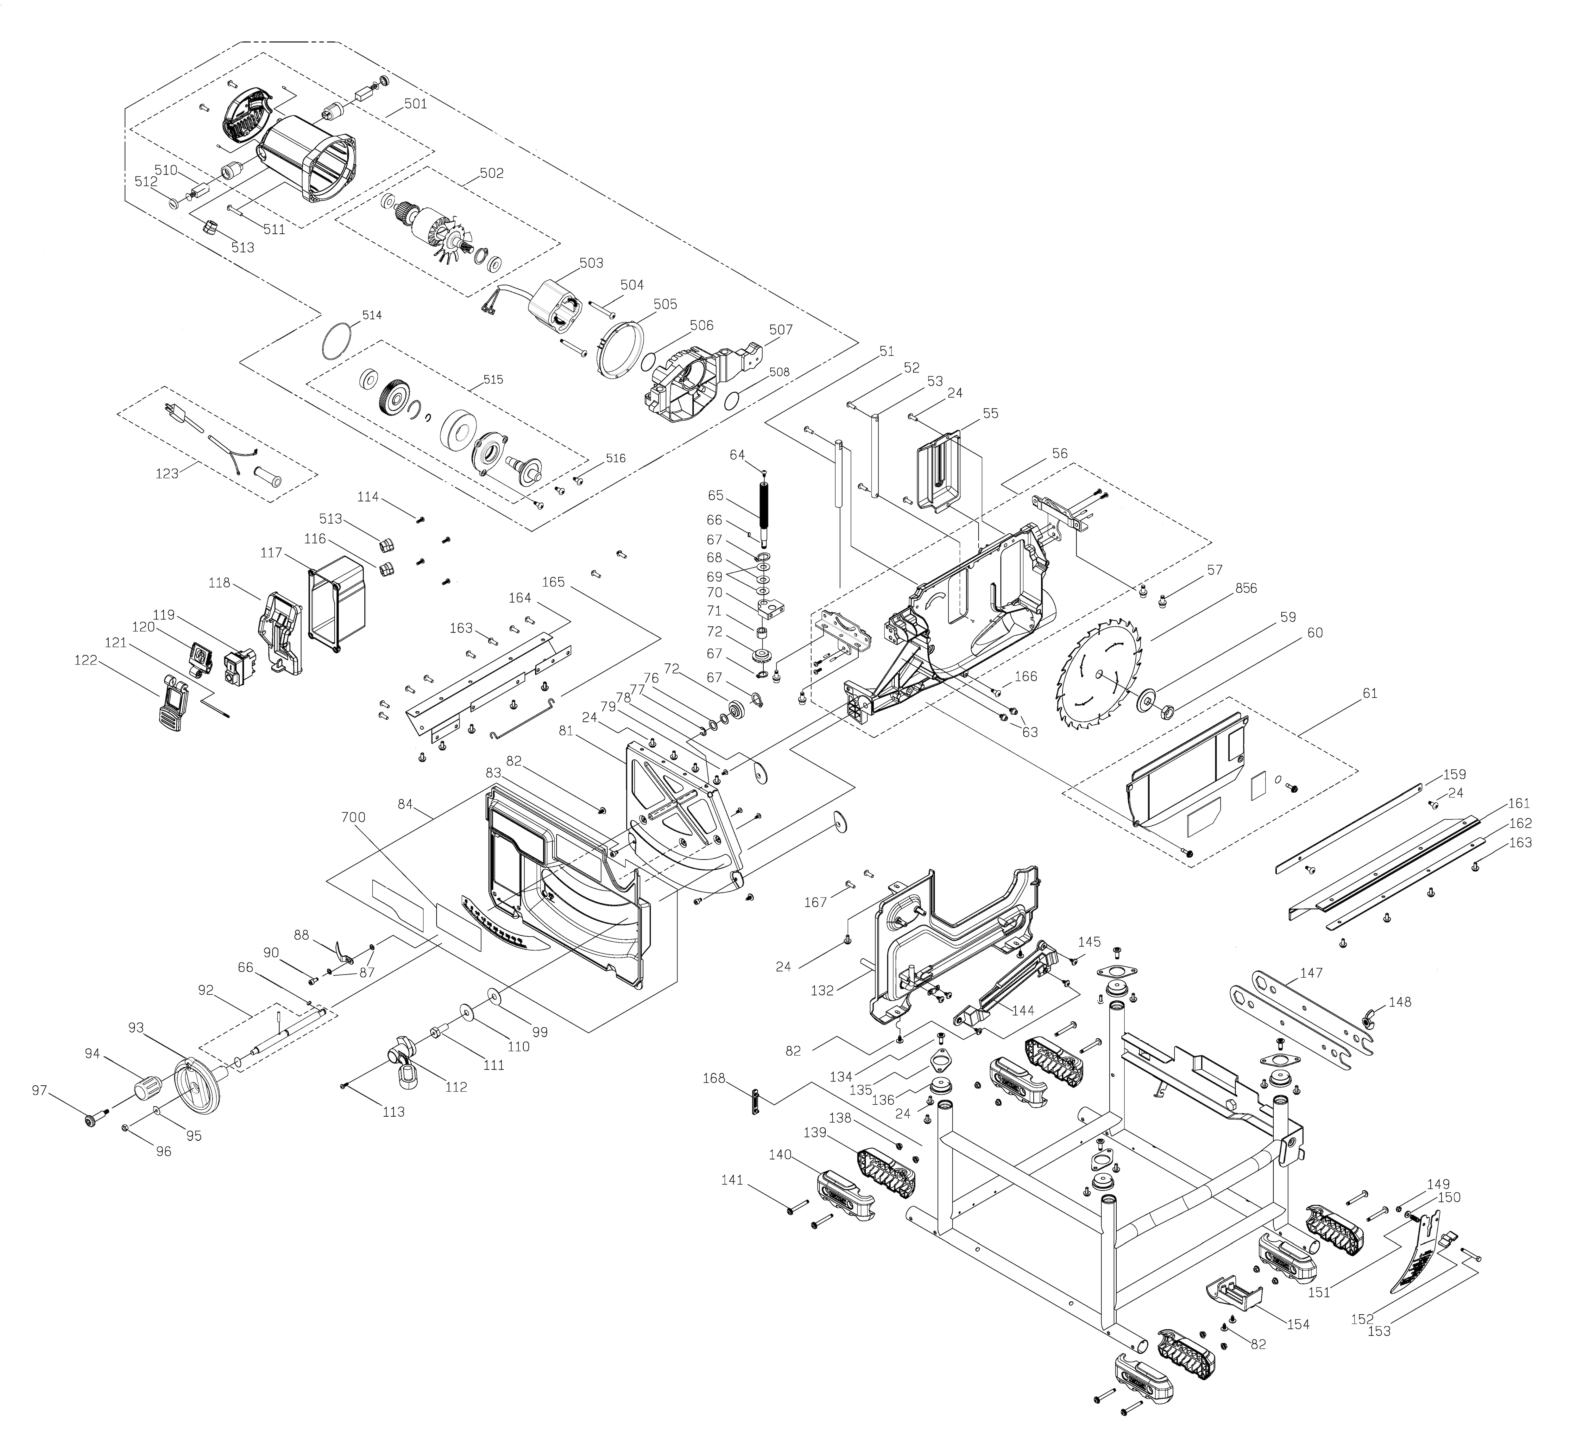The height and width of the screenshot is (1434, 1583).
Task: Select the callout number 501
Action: point(415,104)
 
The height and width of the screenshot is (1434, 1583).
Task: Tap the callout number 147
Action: point(1311,973)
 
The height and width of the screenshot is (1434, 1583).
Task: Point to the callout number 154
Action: point(1298,1324)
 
